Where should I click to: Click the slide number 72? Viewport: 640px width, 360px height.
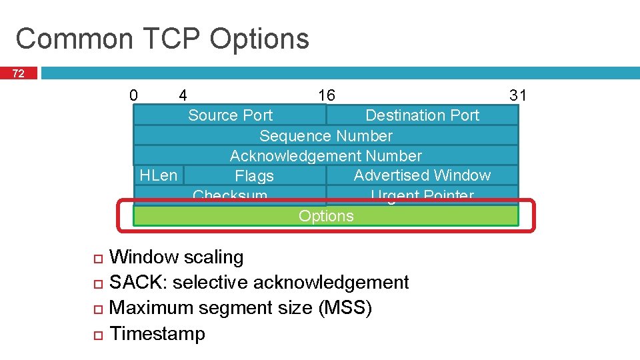(x=19, y=73)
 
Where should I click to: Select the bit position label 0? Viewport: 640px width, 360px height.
(x=133, y=95)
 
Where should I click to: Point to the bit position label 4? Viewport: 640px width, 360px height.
(x=183, y=95)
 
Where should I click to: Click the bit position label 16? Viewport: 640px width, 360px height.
(x=327, y=95)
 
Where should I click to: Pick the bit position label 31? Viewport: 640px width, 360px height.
(x=518, y=95)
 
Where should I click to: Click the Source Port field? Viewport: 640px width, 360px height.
(x=230, y=115)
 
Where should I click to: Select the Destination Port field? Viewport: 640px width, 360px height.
(x=422, y=115)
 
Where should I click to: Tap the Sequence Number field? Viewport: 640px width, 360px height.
(x=326, y=136)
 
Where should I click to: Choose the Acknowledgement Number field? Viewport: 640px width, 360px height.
(x=326, y=156)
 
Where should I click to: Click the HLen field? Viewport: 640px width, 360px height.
(x=158, y=175)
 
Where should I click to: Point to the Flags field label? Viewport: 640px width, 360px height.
(x=254, y=176)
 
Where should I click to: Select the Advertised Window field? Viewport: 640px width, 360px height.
(x=422, y=175)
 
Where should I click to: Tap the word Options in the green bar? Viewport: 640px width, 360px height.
(x=326, y=216)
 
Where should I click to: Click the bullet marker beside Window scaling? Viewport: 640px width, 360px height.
(x=97, y=258)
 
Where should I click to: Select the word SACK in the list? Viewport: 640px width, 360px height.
(x=139, y=283)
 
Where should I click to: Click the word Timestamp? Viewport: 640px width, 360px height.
(x=157, y=333)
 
